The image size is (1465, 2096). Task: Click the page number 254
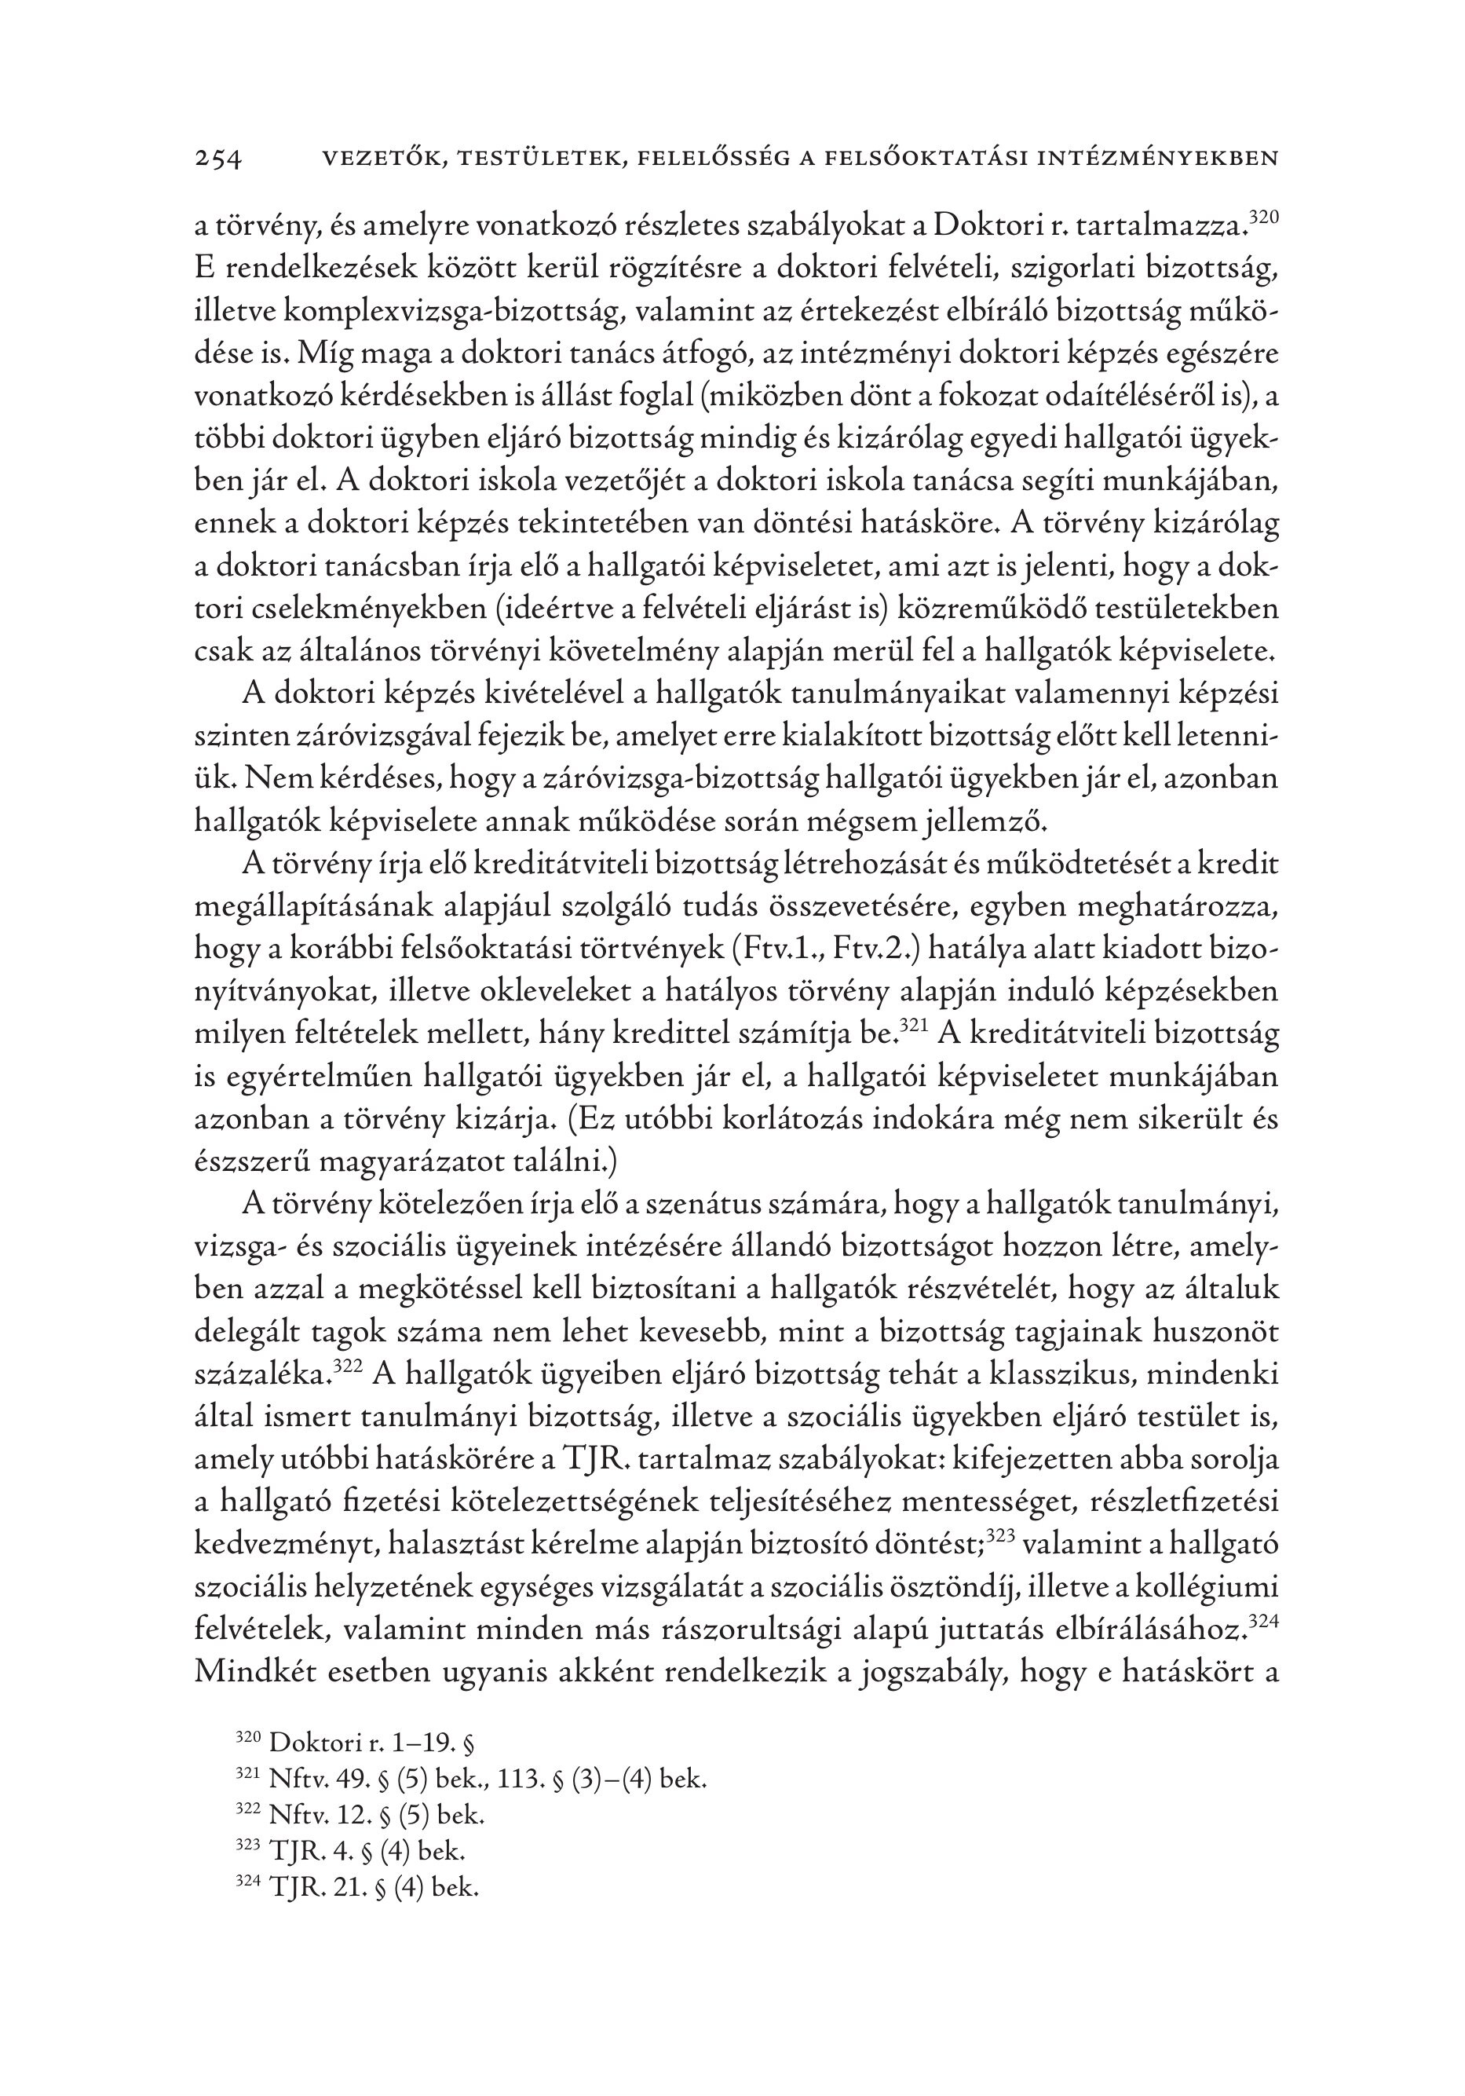point(219,159)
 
